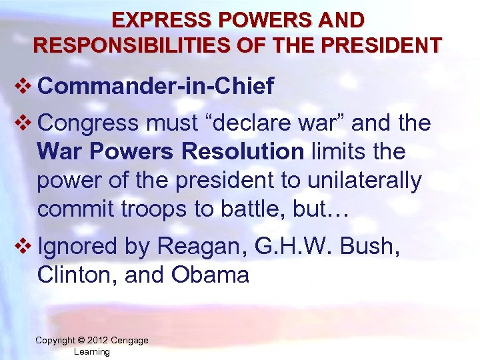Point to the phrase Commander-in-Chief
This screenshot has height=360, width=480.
pos(156,87)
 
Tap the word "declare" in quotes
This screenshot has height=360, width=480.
pos(241,123)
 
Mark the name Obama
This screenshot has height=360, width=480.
pos(211,275)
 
